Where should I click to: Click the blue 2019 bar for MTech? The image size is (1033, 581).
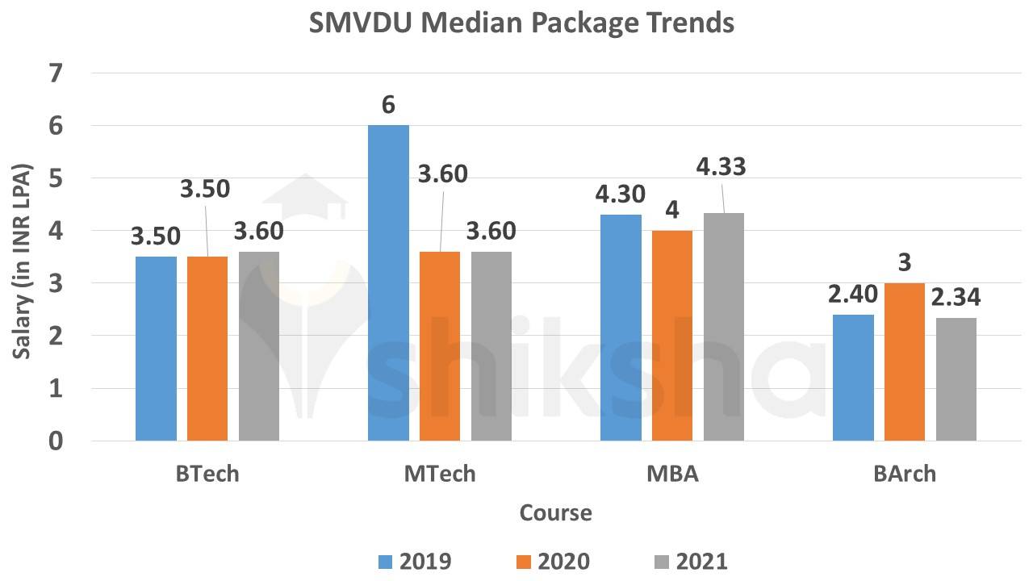(388, 283)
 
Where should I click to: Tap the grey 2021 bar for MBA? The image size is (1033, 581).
(724, 327)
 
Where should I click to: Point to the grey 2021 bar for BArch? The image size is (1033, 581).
(956, 379)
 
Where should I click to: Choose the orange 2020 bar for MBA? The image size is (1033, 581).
(672, 336)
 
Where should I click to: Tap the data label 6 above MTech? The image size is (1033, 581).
(388, 106)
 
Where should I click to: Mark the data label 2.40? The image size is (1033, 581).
(851, 294)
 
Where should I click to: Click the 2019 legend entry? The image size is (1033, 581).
(414, 561)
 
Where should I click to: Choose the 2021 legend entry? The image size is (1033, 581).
(690, 561)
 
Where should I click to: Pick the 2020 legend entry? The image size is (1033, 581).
(552, 561)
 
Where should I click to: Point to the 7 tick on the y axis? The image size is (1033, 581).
(56, 73)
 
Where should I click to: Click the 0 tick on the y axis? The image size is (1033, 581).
(56, 441)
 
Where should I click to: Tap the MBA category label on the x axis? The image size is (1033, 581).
(672, 474)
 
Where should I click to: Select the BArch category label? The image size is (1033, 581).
(905, 474)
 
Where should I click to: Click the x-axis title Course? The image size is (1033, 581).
(555, 513)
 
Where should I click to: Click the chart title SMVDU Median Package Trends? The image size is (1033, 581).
(522, 23)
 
